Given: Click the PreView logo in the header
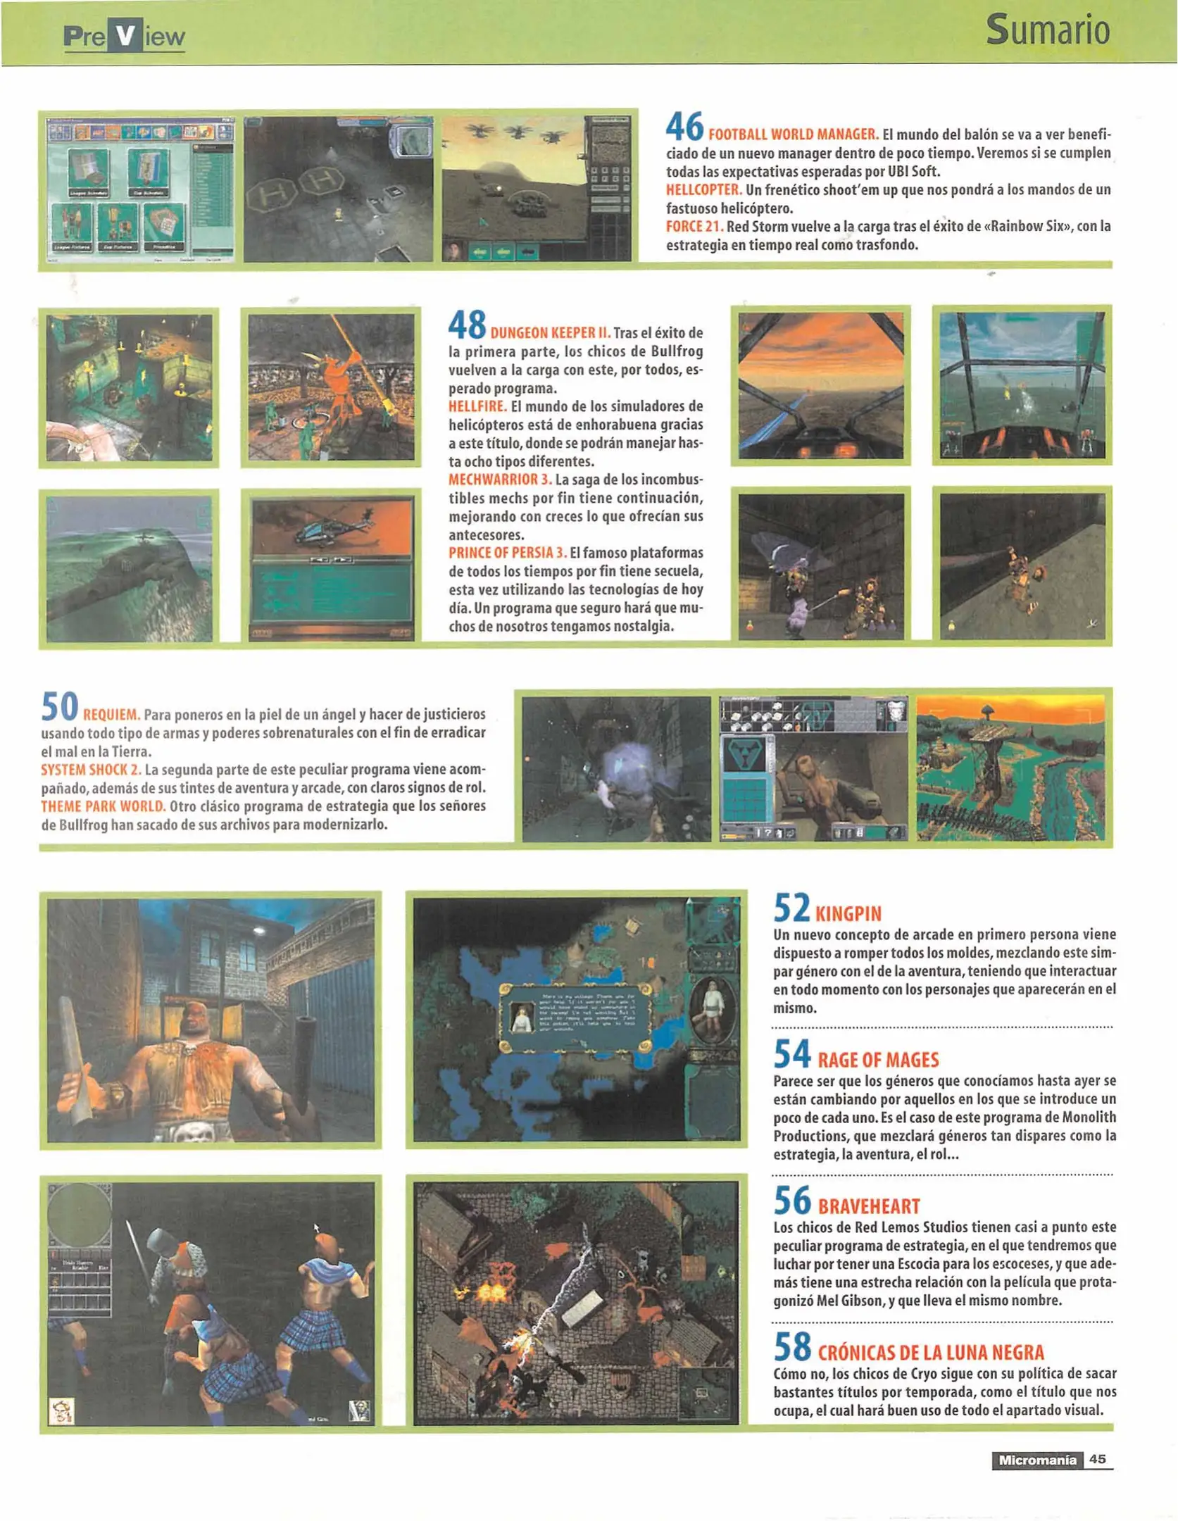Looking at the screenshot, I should [x=124, y=37].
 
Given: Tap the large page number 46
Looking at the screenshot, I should [x=684, y=127].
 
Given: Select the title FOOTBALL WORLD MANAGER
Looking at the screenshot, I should [x=793, y=134].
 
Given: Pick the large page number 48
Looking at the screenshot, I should [x=467, y=325].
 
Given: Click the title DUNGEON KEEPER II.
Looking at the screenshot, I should [x=550, y=333].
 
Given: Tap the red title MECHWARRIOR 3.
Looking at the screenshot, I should [x=499, y=480].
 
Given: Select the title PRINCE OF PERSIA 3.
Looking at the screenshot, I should [x=507, y=553].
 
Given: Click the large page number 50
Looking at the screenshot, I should [x=59, y=707].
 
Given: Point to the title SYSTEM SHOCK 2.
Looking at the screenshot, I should [x=91, y=769].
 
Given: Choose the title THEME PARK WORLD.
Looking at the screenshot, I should [x=103, y=806].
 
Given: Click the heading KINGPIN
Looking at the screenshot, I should [x=848, y=914].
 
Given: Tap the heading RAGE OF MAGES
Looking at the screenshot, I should [x=877, y=1060].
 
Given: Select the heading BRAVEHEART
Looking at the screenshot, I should [x=868, y=1207].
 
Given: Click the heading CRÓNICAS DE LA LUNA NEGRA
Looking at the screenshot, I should [x=930, y=1353].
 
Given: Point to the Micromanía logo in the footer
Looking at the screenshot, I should [x=1036, y=1460].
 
